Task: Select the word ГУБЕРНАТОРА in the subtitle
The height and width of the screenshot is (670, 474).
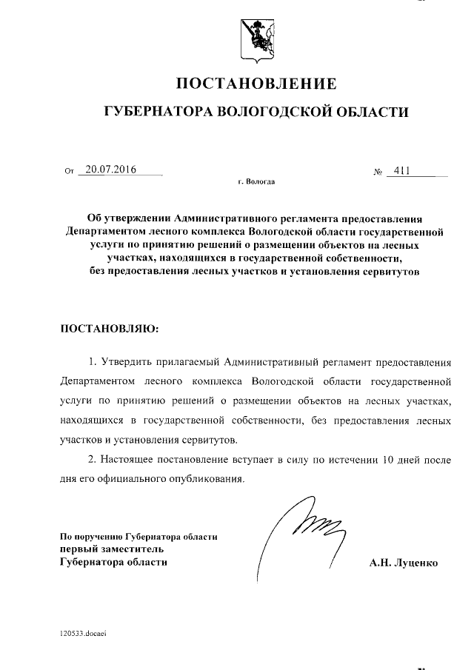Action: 156,112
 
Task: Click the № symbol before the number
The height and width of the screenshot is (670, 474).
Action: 378,172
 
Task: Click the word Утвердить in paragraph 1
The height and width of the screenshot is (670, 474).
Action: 124,363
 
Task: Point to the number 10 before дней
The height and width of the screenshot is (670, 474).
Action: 382,459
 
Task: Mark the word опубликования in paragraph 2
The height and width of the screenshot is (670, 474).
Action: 207,478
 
